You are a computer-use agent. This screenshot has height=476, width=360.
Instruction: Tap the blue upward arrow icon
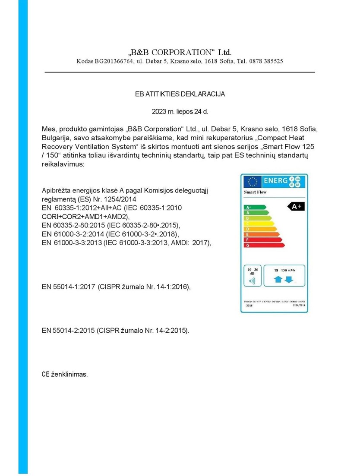pyautogui.click(x=278, y=280)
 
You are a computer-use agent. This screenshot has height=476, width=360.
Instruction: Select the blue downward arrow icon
pyautogui.click(x=289, y=280)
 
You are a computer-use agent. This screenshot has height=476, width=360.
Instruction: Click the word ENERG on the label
pyautogui.click(x=275, y=180)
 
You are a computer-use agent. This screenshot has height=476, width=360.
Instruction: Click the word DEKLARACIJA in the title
pyautogui.click(x=203, y=93)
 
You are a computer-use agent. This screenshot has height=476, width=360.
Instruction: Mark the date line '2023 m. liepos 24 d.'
pyautogui.click(x=180, y=111)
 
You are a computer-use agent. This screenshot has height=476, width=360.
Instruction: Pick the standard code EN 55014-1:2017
pyautogui.click(x=69, y=286)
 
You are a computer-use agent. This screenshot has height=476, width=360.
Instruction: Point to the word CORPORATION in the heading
pyautogui.click(x=177, y=52)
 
